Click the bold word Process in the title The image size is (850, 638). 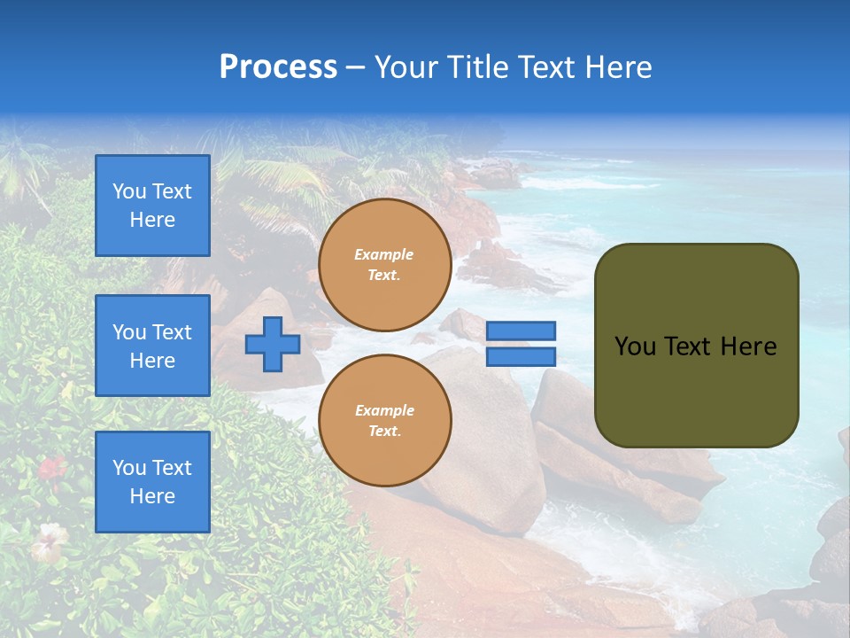pyautogui.click(x=278, y=67)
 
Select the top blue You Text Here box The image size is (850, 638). pyautogui.click(x=152, y=206)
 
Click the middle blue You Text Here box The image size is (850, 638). pyautogui.click(x=152, y=346)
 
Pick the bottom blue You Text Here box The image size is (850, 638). pyautogui.click(x=152, y=482)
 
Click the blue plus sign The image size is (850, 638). pyautogui.click(x=273, y=344)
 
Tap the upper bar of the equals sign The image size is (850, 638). pyautogui.click(x=521, y=331)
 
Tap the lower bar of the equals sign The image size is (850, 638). pyautogui.click(x=521, y=356)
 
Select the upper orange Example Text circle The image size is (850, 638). pyautogui.click(x=385, y=265)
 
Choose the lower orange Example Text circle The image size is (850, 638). pyautogui.click(x=385, y=421)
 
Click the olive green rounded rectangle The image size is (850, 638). pyautogui.click(x=697, y=346)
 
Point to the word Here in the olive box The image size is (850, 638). pyautogui.click(x=748, y=346)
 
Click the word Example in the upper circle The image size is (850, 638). pyautogui.click(x=384, y=254)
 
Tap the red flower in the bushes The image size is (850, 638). pyautogui.click(x=51, y=467)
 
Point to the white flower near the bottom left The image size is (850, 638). pyautogui.click(x=49, y=540)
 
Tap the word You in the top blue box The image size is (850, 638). pyautogui.click(x=129, y=191)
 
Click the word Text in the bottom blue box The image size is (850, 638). pyautogui.click(x=172, y=468)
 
